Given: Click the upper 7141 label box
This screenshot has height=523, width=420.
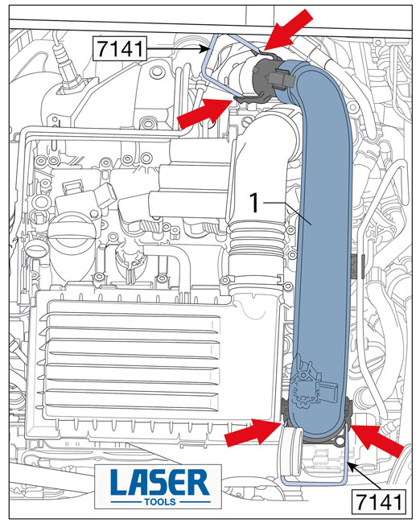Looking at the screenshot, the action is pos(119,49).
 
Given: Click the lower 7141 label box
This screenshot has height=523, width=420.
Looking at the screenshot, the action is pos(379,501).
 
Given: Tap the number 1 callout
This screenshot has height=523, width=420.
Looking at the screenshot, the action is pos(254,203).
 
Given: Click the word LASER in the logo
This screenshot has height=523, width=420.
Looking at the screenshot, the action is pos(159,483).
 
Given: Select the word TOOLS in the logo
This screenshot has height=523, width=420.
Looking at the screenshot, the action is pos(160,502).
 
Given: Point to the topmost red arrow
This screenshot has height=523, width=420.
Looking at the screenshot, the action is pos(289,30).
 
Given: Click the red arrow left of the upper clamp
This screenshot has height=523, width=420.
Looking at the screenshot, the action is pos(204,113).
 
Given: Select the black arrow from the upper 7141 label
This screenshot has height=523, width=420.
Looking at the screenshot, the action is pos(178,49).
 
